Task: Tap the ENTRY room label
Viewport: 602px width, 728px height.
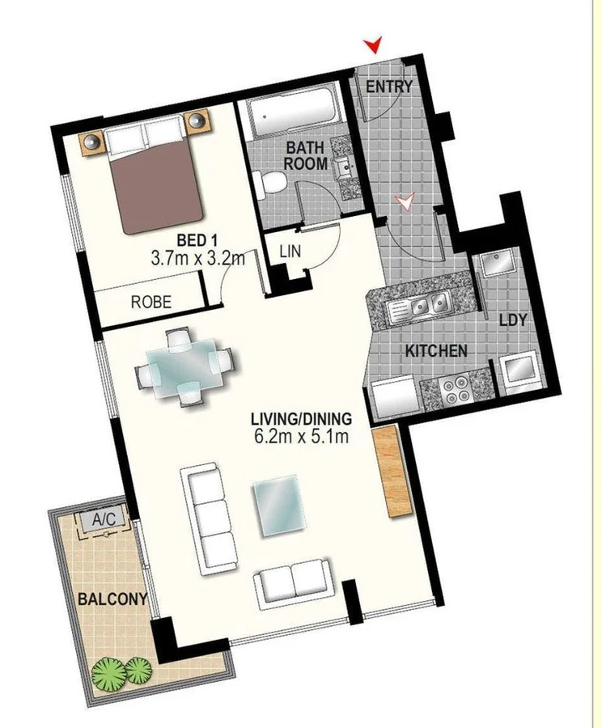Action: click(389, 87)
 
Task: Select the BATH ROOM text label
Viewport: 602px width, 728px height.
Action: click(306, 155)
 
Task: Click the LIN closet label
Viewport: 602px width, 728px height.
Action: click(290, 252)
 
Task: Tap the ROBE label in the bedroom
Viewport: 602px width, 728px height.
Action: click(151, 302)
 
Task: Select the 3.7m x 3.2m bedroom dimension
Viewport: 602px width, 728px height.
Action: click(197, 259)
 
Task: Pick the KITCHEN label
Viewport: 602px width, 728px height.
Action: click(436, 351)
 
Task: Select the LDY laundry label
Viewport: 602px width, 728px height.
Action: click(512, 320)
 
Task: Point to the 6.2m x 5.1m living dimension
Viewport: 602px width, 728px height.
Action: click(300, 438)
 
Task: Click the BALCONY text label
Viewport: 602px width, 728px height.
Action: click(112, 600)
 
